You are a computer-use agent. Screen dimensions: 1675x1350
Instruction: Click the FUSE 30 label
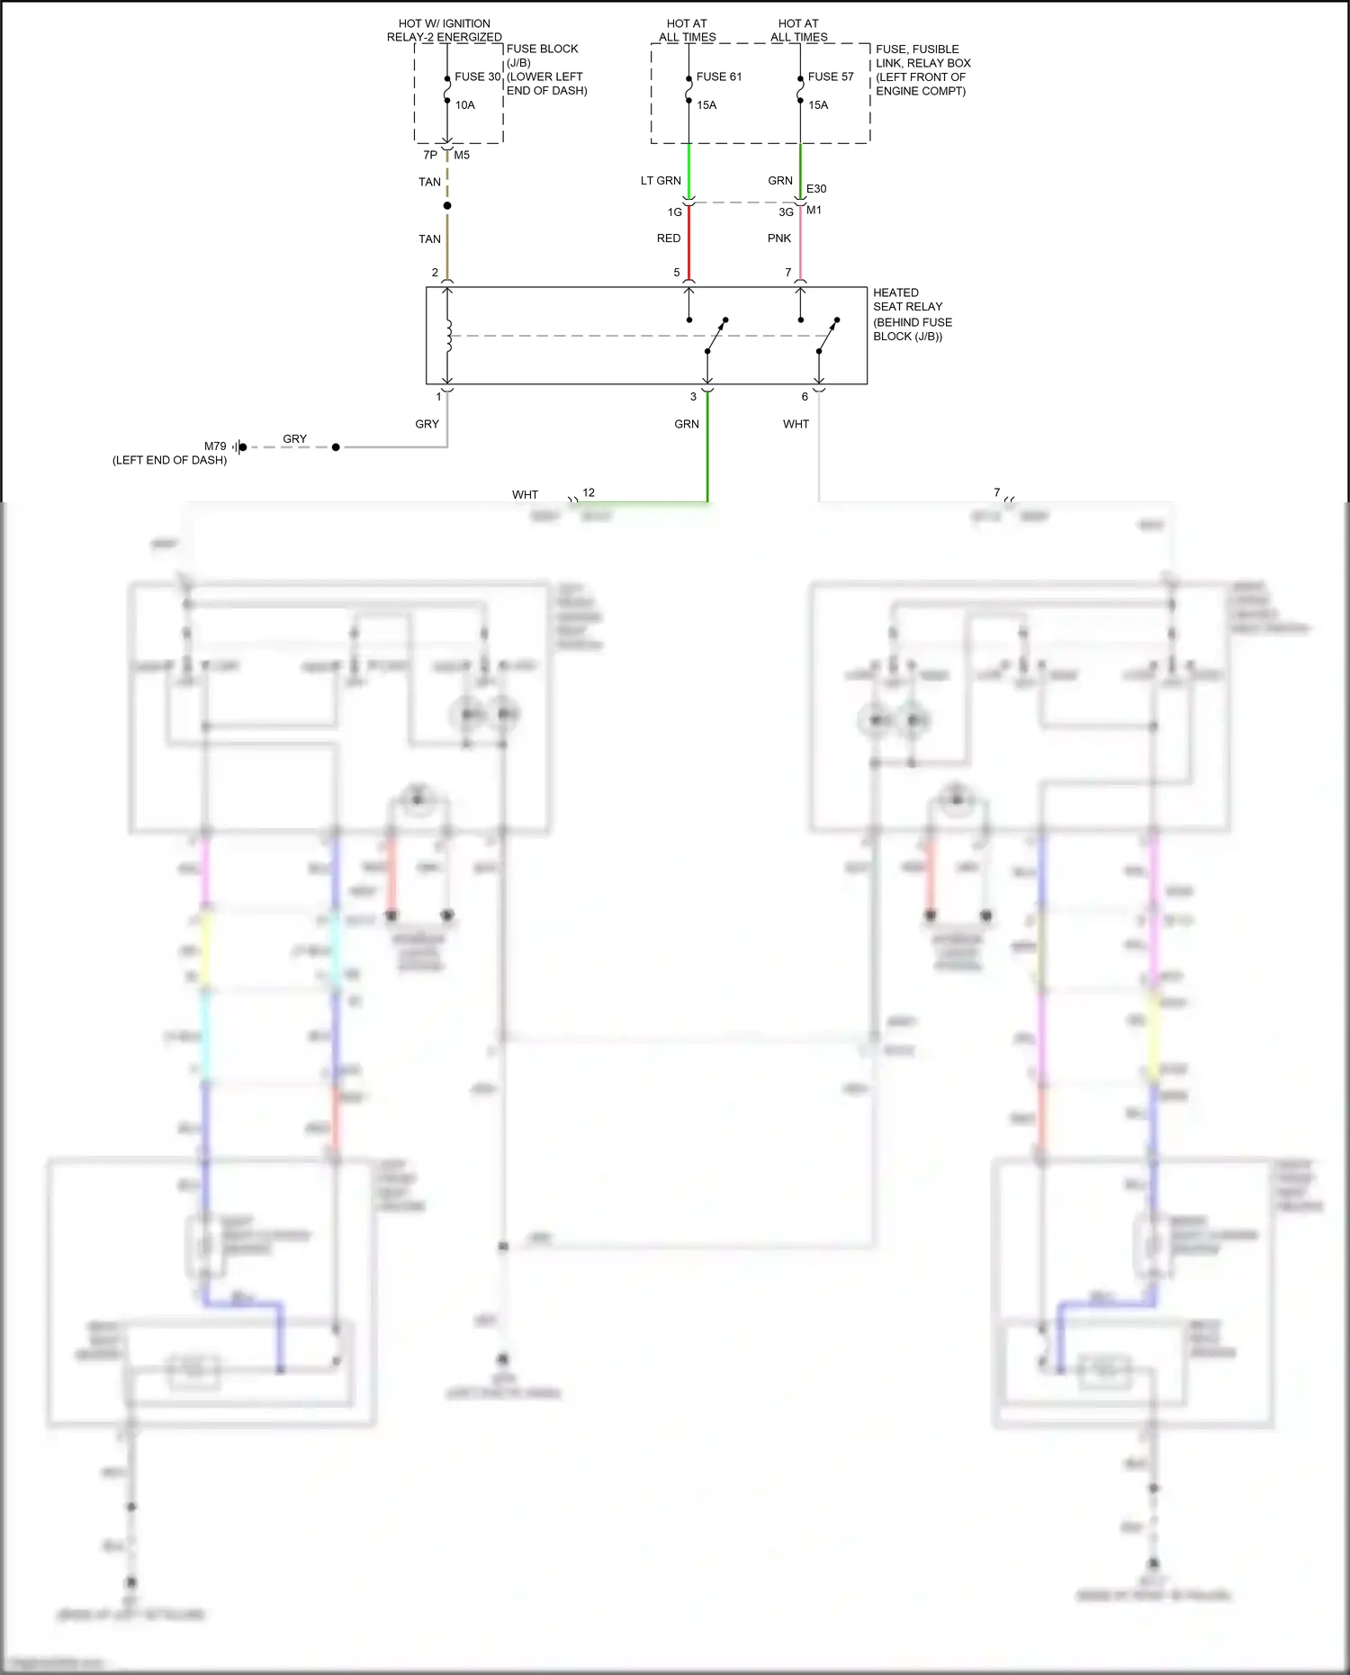(477, 77)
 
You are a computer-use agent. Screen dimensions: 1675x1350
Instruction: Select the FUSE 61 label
(718, 77)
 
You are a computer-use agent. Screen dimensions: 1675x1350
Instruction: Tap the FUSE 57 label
(830, 77)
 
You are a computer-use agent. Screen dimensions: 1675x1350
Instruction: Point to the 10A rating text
(464, 105)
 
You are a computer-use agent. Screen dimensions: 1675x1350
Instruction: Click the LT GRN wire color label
(661, 181)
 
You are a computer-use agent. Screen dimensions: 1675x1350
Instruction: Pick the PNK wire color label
(779, 239)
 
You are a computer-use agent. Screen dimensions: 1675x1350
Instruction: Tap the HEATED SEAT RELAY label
(907, 300)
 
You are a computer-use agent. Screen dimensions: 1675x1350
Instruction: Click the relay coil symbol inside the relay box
(448, 336)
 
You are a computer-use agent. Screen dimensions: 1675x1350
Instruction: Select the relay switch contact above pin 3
(715, 336)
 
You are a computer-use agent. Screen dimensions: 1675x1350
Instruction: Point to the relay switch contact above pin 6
(828, 336)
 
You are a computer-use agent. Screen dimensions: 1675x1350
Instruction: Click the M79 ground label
(215, 446)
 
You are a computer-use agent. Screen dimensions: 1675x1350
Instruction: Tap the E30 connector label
(816, 189)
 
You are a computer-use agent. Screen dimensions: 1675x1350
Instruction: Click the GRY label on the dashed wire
(294, 439)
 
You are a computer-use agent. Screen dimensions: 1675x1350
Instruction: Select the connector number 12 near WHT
(589, 492)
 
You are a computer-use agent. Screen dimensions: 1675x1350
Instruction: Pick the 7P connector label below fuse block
(430, 155)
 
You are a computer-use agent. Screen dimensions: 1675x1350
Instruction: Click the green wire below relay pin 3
(707, 450)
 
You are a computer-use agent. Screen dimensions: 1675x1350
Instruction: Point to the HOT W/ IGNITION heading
(445, 23)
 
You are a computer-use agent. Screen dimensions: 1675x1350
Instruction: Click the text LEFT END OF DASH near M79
(169, 460)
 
